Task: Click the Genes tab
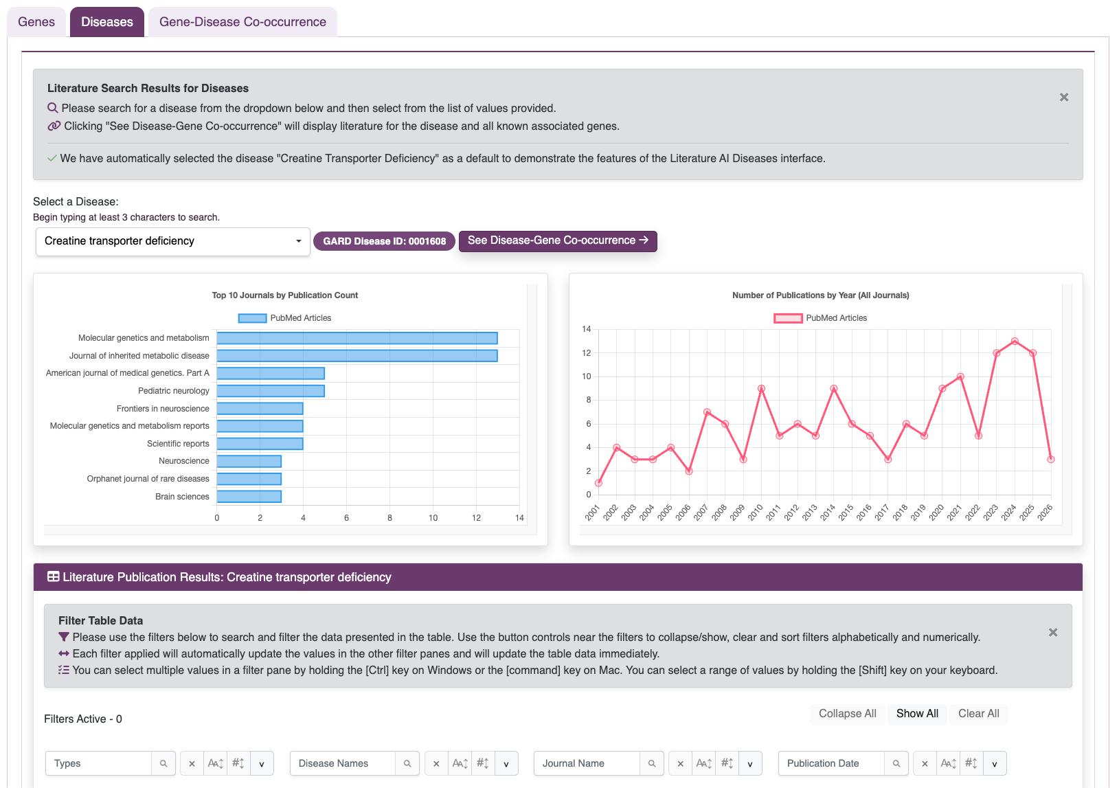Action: click(x=36, y=22)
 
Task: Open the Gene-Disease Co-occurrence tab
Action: click(x=242, y=22)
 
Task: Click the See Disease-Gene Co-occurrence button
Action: click(x=558, y=240)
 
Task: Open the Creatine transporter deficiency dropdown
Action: click(x=172, y=241)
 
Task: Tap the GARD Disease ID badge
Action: click(x=384, y=241)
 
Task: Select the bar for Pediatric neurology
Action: click(x=271, y=391)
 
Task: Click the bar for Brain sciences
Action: click(x=249, y=497)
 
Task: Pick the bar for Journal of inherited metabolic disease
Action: click(x=357, y=356)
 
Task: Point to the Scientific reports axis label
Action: click(x=178, y=444)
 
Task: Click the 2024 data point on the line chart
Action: click(x=1015, y=341)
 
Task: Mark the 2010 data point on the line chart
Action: click(x=761, y=389)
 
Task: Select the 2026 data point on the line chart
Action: click(x=1051, y=460)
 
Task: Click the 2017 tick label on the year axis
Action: click(x=882, y=513)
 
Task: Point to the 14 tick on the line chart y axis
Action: click(x=586, y=329)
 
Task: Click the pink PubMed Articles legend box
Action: click(x=788, y=318)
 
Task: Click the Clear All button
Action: click(x=978, y=714)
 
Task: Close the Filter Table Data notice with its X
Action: click(x=1052, y=632)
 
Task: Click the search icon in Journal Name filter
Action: click(x=652, y=763)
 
